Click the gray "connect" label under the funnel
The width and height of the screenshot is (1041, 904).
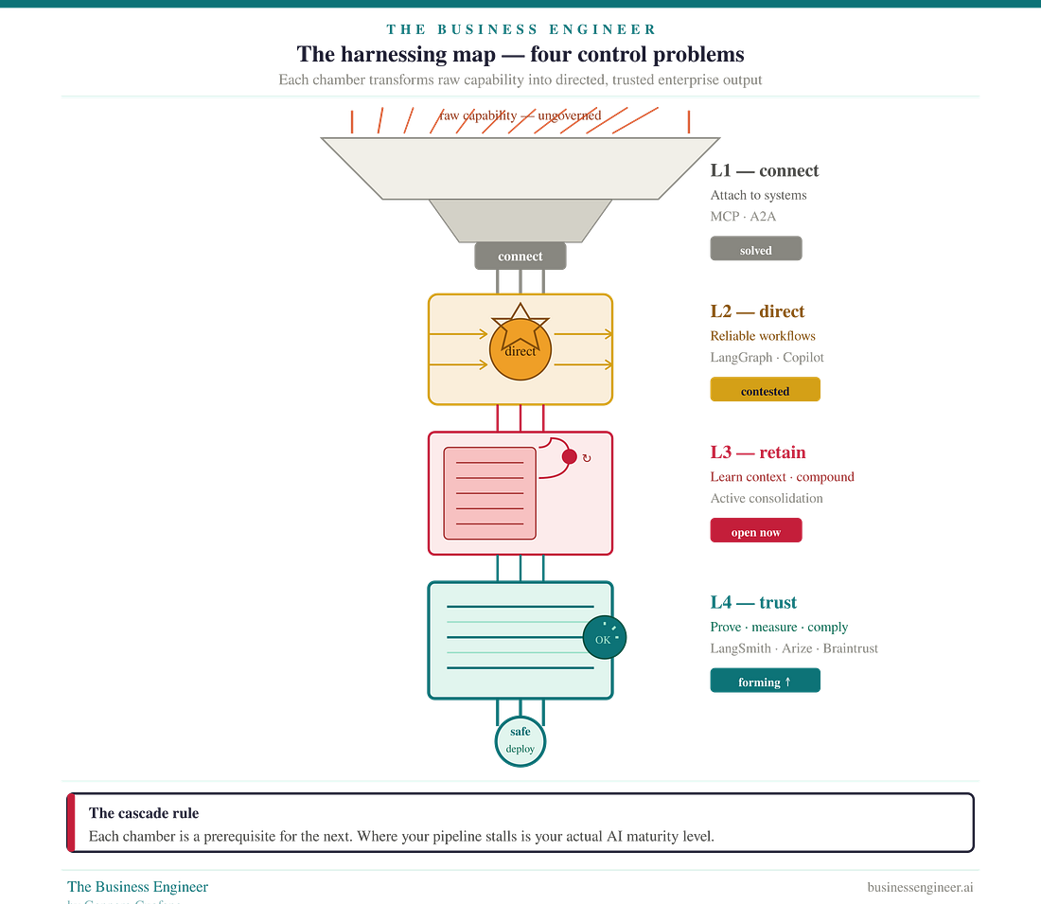coord(520,257)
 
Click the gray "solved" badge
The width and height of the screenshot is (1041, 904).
coord(756,249)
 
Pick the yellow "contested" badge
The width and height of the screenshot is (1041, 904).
coord(765,390)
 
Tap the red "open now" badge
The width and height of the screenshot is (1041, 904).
coord(755,531)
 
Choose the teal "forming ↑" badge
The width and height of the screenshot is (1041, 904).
coord(765,681)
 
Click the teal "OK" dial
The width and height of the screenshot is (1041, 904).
coord(605,639)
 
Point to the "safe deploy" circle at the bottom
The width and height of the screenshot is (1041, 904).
coord(520,740)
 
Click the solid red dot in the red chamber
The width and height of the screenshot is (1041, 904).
coord(569,457)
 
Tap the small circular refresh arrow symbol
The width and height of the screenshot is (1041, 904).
coord(587,458)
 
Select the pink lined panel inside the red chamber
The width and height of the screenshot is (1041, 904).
coord(489,493)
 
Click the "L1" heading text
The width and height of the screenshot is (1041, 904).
coord(720,171)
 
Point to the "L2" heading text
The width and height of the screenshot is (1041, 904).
coord(720,311)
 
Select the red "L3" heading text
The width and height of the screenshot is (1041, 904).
coord(720,452)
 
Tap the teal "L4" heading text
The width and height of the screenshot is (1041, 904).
coord(720,602)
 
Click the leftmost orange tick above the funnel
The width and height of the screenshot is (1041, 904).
coord(352,120)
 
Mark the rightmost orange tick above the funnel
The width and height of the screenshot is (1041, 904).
coord(688,120)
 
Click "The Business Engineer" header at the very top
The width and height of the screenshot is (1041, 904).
coord(520,29)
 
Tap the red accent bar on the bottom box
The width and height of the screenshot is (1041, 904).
coord(69,822)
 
